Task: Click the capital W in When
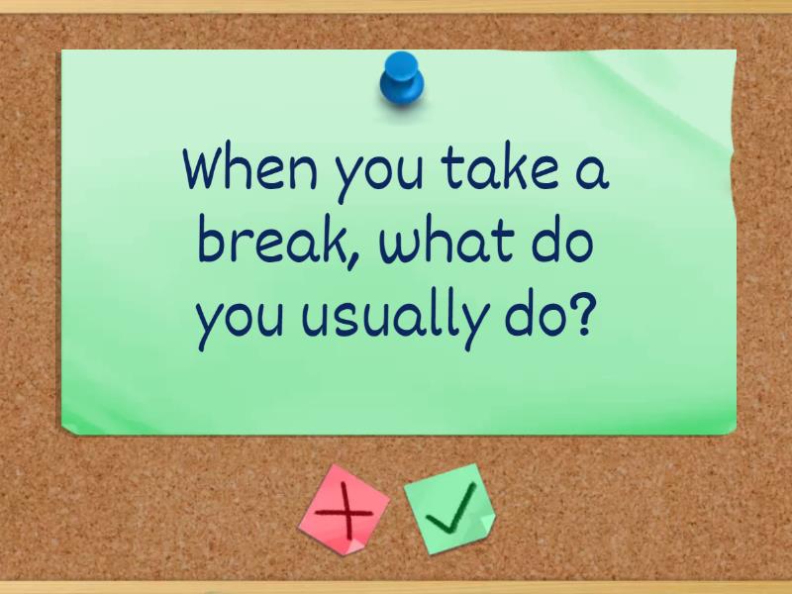click(x=210, y=169)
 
